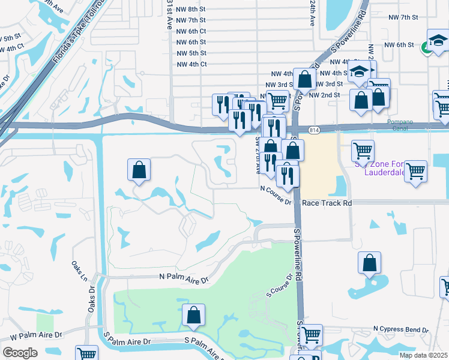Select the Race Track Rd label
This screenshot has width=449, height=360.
pyautogui.click(x=327, y=203)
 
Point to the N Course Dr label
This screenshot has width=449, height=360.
pyautogui.click(x=276, y=195)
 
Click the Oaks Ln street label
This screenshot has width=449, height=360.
pyautogui.click(x=79, y=271)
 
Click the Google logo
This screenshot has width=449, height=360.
pyautogui.click(x=19, y=352)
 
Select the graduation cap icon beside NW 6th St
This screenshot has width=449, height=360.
pyautogui.click(x=438, y=41)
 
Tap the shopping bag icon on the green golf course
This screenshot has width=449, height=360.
pyautogui.click(x=194, y=314)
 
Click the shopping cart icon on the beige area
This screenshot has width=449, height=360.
pyautogui.click(x=363, y=150)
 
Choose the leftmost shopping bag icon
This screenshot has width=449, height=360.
pyautogui.click(x=139, y=169)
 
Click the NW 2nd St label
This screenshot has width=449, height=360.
pyautogui.click(x=330, y=95)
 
